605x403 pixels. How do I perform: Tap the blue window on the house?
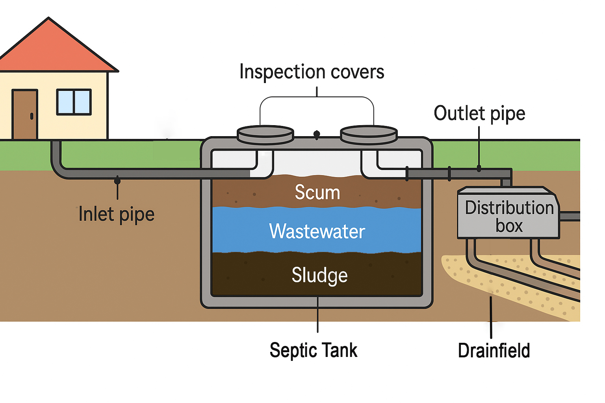(x=74, y=102)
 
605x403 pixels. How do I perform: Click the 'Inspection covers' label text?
(x=312, y=72)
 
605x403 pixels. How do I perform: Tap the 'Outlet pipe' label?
(x=479, y=113)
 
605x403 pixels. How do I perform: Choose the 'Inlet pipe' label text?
(x=117, y=214)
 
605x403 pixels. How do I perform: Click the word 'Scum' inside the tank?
(x=317, y=192)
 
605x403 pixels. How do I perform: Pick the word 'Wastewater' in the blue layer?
(x=317, y=231)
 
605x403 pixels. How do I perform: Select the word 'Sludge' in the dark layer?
(x=319, y=275)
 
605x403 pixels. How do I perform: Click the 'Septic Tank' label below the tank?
(x=314, y=350)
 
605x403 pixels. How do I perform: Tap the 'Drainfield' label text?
(x=494, y=351)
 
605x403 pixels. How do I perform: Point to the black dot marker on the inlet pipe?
(x=117, y=181)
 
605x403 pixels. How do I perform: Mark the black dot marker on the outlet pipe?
(x=479, y=168)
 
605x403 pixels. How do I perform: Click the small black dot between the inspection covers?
(x=317, y=135)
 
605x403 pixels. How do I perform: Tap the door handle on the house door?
(x=32, y=116)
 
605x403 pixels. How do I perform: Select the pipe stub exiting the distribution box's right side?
(x=570, y=216)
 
